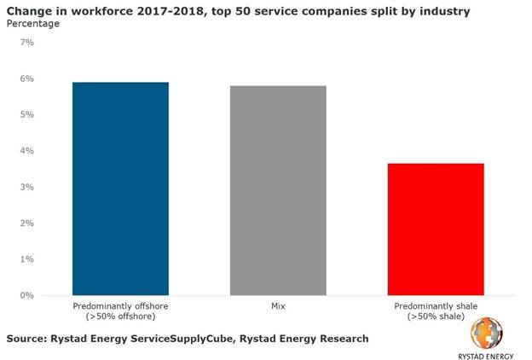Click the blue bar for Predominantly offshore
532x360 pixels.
coord(120,189)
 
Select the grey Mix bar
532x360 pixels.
coord(278,190)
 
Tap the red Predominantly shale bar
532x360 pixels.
coord(436,229)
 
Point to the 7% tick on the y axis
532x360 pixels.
coord(27,43)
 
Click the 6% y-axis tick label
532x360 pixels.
coord(27,78)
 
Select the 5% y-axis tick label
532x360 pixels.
coord(27,115)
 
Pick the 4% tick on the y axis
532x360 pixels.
coord(27,151)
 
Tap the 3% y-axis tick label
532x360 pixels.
coord(27,187)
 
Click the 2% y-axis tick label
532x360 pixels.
coord(27,224)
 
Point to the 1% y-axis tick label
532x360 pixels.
coord(27,259)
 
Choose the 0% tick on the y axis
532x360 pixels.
coord(27,295)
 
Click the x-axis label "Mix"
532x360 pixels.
coord(278,305)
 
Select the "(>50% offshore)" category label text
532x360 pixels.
coord(120,316)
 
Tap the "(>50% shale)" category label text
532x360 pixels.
coord(436,316)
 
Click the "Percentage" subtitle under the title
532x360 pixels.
coord(34,23)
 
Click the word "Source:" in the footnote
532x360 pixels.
coord(29,339)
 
